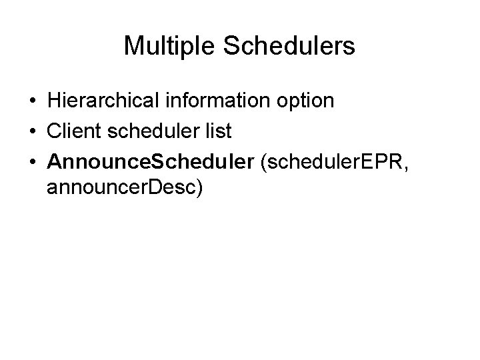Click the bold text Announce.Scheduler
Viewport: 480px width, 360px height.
[x=153, y=161]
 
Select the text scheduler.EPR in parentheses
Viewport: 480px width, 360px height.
[x=334, y=161]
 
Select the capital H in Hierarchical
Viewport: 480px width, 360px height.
[x=54, y=101]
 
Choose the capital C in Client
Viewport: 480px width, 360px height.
[x=55, y=131]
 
